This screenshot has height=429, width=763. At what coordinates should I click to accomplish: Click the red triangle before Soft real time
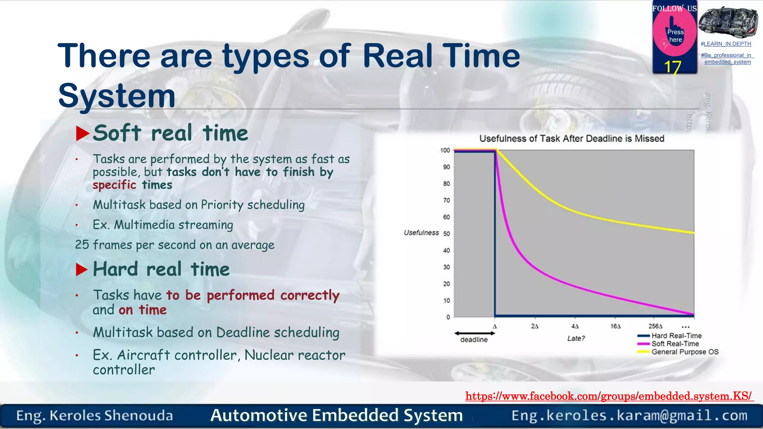pyautogui.click(x=82, y=133)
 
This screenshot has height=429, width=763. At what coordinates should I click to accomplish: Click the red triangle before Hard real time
pyautogui.click(x=82, y=270)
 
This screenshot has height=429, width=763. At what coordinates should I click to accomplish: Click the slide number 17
pyautogui.click(x=672, y=67)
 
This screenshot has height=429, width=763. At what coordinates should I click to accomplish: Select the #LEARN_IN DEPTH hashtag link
pyautogui.click(x=725, y=44)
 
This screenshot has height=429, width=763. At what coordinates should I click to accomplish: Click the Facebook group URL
pyautogui.click(x=609, y=396)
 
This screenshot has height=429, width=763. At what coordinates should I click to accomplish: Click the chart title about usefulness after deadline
pyautogui.click(x=572, y=139)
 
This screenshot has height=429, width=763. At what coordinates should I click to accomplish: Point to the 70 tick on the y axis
pyautogui.click(x=446, y=200)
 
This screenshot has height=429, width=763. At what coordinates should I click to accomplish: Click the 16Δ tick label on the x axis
pyautogui.click(x=615, y=326)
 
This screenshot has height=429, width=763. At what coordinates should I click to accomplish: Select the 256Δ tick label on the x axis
pyautogui.click(x=655, y=326)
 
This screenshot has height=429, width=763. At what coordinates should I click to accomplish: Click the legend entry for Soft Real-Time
pyautogui.click(x=675, y=344)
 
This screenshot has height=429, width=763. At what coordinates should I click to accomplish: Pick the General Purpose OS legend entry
pyautogui.click(x=684, y=352)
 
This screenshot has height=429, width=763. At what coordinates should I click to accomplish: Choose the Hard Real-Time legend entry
pyautogui.click(x=676, y=336)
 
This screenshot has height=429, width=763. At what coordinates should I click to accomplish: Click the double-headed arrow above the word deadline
pyautogui.click(x=474, y=333)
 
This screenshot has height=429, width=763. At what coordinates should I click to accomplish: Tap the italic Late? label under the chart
pyautogui.click(x=576, y=338)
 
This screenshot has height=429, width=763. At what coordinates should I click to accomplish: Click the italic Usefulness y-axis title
pyautogui.click(x=421, y=233)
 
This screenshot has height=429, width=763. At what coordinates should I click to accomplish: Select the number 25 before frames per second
pyautogui.click(x=82, y=245)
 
